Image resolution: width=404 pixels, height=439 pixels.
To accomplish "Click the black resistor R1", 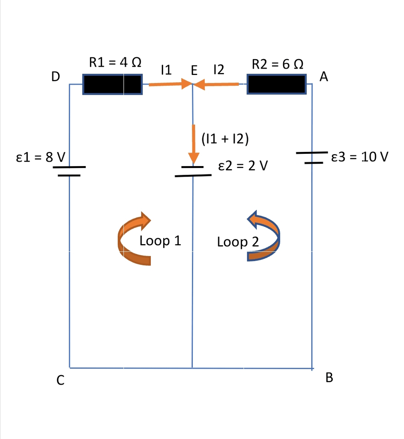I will (x=112, y=84).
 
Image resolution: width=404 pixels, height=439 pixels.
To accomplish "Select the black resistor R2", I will (x=276, y=84).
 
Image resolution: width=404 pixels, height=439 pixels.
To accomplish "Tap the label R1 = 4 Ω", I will (x=115, y=62).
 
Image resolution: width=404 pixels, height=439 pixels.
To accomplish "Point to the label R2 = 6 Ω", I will (x=278, y=64).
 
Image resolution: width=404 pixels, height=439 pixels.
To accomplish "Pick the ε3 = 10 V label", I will (x=360, y=157).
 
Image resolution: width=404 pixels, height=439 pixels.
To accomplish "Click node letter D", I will (x=56, y=77).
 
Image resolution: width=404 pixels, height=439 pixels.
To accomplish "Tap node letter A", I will (x=324, y=77).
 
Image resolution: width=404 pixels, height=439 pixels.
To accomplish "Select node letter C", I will (x=60, y=380).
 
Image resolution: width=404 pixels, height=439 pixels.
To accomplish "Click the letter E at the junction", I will (x=194, y=71).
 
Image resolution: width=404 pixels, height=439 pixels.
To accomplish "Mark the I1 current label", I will (x=166, y=70).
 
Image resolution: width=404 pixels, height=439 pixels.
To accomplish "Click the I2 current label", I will (x=218, y=70).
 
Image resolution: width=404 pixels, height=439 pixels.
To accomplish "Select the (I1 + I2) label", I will (x=224, y=139).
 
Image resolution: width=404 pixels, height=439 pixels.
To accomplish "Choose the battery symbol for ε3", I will (x=312, y=157).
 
